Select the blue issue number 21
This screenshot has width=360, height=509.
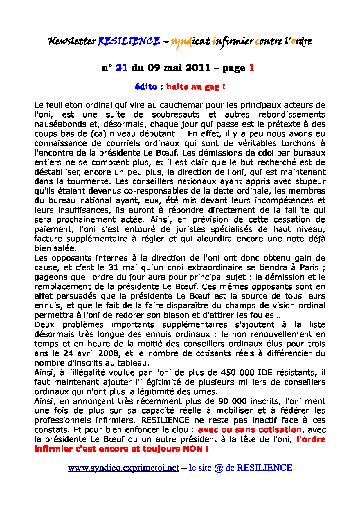coord(122,68)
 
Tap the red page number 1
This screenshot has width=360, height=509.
coord(252,68)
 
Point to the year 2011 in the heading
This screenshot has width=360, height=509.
coord(197,68)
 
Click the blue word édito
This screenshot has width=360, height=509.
coord(146,86)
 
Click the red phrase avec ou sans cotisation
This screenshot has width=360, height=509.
coord(250,430)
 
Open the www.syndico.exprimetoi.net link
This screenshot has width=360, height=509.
coord(123,468)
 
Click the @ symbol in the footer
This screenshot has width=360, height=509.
coord(219,468)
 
